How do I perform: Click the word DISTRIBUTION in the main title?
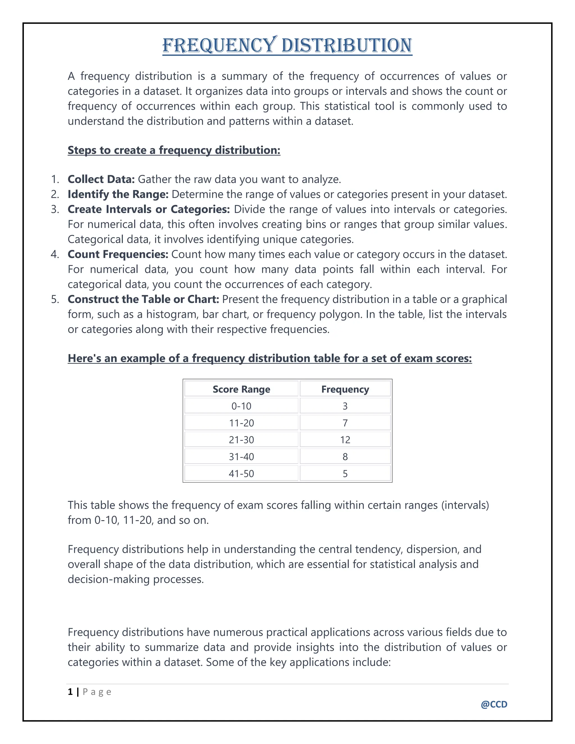pyautogui.click(x=347, y=46)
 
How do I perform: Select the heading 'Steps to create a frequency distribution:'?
pyautogui.click(x=174, y=150)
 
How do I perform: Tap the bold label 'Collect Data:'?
pyautogui.click(x=101, y=179)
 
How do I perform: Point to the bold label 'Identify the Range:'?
pyautogui.click(x=118, y=194)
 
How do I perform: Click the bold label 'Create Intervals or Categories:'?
pyautogui.click(x=149, y=209)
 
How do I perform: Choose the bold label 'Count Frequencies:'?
pyautogui.click(x=118, y=254)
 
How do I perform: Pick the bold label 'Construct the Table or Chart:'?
pyautogui.click(x=143, y=299)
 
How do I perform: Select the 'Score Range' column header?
pyautogui.click(x=241, y=389)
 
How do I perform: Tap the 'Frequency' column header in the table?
pyautogui.click(x=345, y=389)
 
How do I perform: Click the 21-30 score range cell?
pyautogui.click(x=241, y=440)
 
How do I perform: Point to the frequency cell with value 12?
pyautogui.click(x=345, y=440)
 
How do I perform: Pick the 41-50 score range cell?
pyautogui.click(x=241, y=474)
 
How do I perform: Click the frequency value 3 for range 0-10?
pyautogui.click(x=345, y=406)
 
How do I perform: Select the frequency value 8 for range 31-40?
pyautogui.click(x=345, y=457)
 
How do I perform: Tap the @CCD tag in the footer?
pyautogui.click(x=494, y=704)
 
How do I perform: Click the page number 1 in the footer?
pyautogui.click(x=70, y=691)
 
